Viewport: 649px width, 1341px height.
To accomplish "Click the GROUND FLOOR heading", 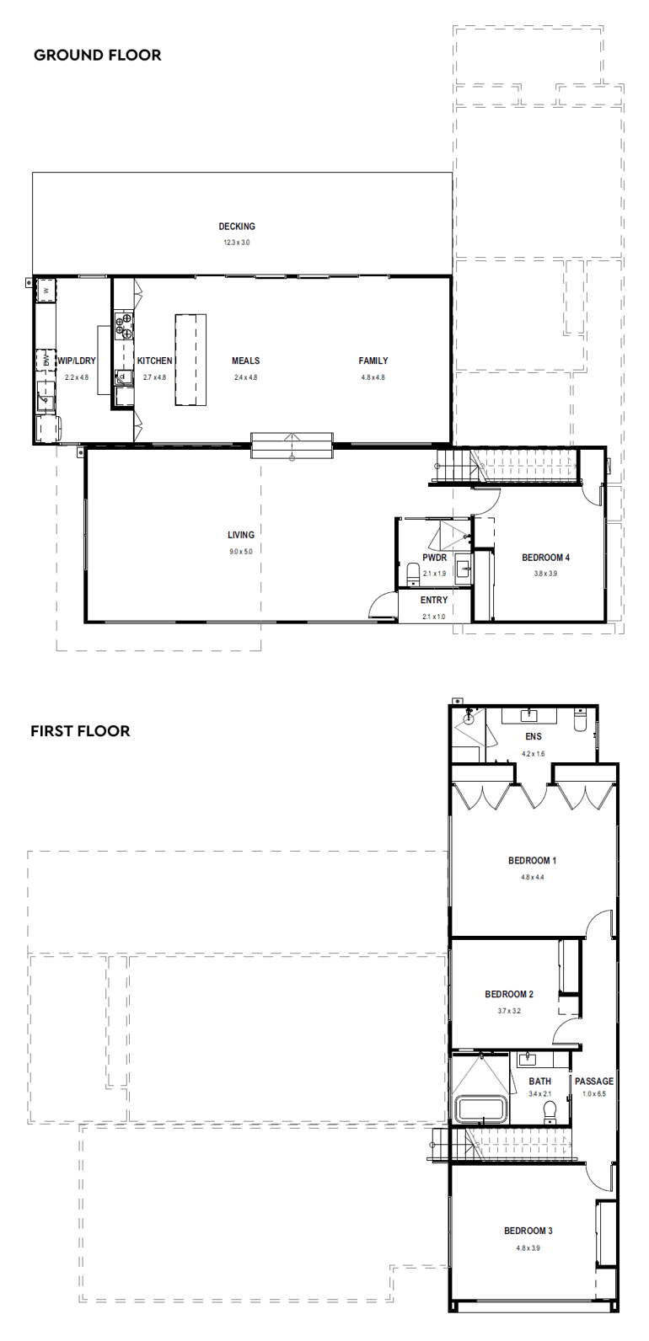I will [x=97, y=56].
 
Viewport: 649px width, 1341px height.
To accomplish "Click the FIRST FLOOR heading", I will [x=80, y=731].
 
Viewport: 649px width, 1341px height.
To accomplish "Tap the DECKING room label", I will [x=237, y=227].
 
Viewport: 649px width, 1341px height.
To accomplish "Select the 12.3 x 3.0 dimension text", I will [x=237, y=243].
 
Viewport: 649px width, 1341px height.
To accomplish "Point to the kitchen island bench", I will [x=190, y=360].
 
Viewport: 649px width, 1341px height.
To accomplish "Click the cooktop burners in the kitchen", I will [x=124, y=325].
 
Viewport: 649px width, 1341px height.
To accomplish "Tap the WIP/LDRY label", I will [x=77, y=361].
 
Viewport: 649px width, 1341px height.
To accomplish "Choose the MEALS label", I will [x=245, y=361].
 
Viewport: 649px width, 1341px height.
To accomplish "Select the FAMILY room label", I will [x=373, y=361].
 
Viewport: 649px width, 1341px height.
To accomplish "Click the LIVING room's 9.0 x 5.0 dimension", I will [x=240, y=552].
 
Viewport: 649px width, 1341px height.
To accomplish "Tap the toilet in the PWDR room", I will [x=412, y=575].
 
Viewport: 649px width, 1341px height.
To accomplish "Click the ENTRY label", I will [x=434, y=601].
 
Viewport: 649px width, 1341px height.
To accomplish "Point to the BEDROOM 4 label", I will [x=545, y=558].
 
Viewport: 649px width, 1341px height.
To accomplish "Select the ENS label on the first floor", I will [x=534, y=737].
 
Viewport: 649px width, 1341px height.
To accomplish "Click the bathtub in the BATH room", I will [x=480, y=1109].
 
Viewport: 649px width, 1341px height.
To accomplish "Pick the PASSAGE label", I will [x=594, y=1082].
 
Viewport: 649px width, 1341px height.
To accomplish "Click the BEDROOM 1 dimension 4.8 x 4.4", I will [x=532, y=877].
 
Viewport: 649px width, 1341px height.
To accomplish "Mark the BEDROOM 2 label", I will [x=509, y=995].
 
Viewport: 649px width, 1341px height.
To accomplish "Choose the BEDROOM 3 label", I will [x=528, y=1231].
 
